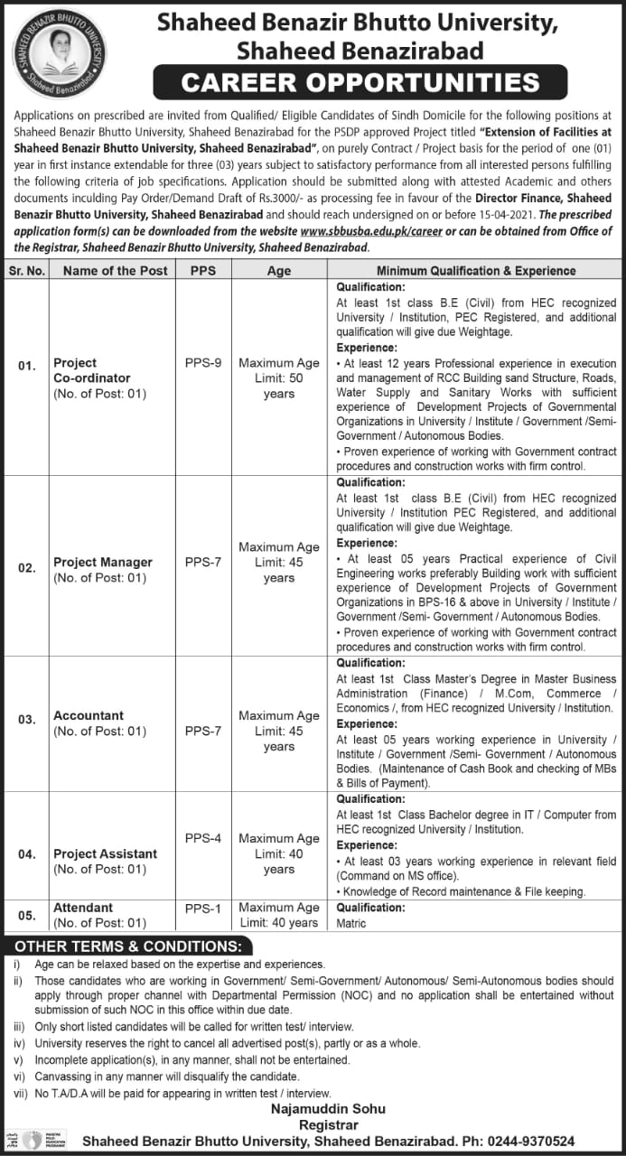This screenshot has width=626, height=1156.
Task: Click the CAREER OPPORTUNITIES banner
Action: [360, 83]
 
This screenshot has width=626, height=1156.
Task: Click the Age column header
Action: [278, 271]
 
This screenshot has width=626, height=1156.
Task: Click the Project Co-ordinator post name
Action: [91, 370]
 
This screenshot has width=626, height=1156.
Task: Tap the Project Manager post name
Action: [103, 562]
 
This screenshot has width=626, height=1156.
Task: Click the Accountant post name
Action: [89, 715]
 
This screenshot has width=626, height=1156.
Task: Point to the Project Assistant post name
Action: [105, 853]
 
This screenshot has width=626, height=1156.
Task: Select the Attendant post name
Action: [83, 908]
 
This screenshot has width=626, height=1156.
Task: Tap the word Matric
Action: [351, 923]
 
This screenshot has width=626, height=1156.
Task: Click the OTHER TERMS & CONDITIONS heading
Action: [127, 946]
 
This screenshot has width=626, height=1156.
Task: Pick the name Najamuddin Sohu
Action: [332, 1108]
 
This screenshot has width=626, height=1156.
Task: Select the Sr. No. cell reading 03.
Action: [27, 719]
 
